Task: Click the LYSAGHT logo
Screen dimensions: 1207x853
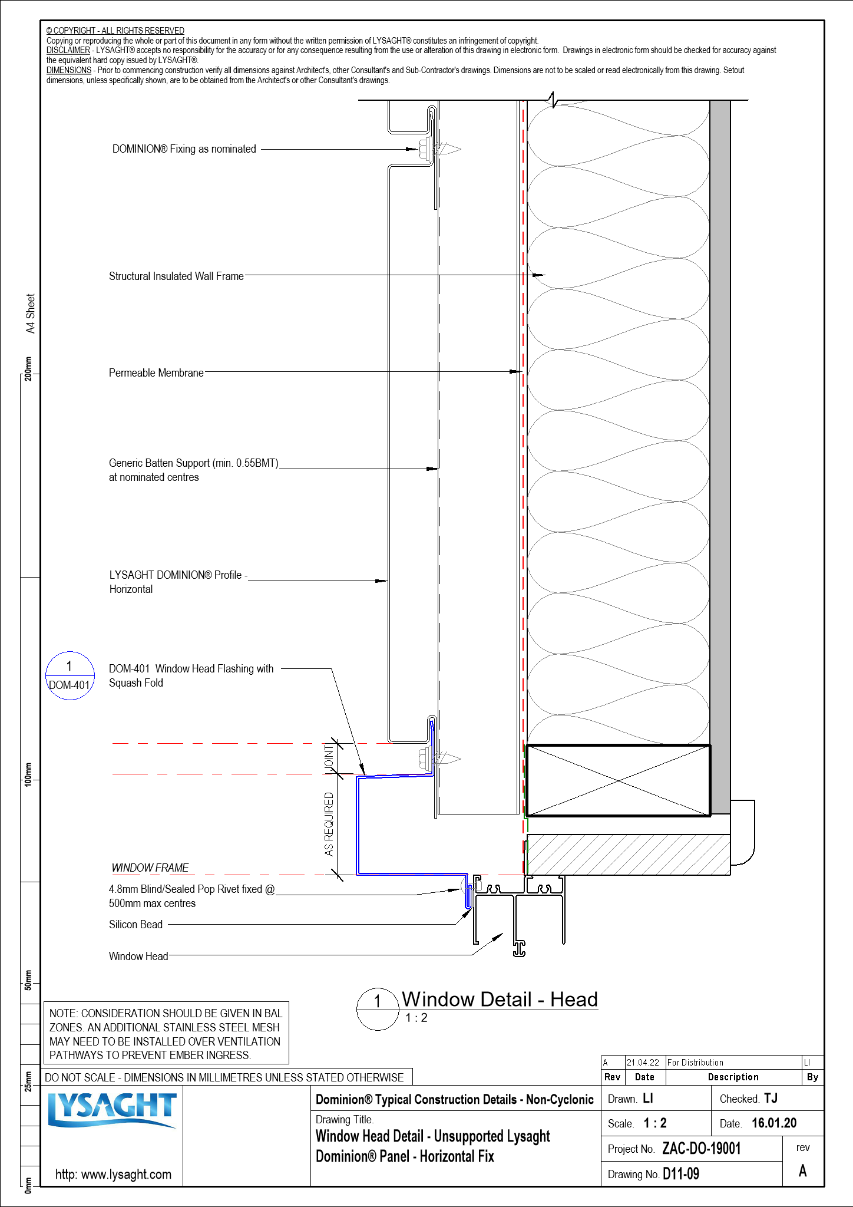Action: [112, 1110]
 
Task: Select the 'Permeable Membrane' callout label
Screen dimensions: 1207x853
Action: [156, 373]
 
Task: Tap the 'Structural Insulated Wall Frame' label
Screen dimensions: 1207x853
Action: [176, 276]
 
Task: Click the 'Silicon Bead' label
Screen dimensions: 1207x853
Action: [135, 925]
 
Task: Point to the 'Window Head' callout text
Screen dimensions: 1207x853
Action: [138, 957]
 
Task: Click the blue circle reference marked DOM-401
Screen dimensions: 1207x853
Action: [70, 676]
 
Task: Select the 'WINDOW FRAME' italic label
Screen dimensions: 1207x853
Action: [150, 868]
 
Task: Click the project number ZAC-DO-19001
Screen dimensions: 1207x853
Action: [701, 1149]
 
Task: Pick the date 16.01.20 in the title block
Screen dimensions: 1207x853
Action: [774, 1123]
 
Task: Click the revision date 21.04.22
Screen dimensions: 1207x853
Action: [643, 1063]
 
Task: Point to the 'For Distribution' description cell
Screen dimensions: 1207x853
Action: [695, 1063]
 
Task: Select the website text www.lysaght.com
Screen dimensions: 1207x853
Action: [114, 1174]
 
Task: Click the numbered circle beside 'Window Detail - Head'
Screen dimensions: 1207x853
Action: [378, 1009]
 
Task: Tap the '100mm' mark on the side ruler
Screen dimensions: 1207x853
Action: [28, 773]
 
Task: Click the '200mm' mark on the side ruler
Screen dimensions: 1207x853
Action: [28, 368]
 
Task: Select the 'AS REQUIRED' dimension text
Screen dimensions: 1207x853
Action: [329, 824]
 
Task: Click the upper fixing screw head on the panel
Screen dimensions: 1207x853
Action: [423, 149]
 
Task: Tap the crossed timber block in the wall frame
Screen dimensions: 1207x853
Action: [618, 780]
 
